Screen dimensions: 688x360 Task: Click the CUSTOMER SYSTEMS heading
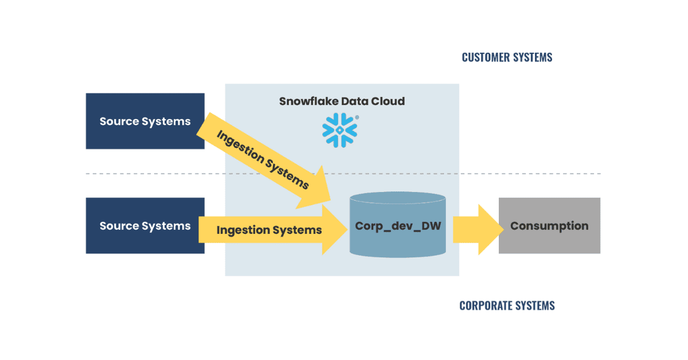coord(507,57)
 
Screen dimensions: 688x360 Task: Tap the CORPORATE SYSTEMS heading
coord(507,306)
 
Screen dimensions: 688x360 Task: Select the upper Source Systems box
coord(145,121)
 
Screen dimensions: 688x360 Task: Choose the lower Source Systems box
coord(145,225)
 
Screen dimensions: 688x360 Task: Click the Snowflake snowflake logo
coord(339,130)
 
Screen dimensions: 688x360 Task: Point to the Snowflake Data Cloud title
coord(342,101)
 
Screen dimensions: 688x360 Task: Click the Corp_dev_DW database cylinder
coord(398,225)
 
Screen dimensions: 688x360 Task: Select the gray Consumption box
coord(549,225)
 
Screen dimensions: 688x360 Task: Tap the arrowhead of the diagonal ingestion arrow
coord(316,190)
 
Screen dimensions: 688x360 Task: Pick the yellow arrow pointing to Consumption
coord(478,229)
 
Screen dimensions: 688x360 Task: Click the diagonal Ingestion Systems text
coord(263,160)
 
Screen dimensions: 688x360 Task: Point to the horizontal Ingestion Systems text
coord(269,230)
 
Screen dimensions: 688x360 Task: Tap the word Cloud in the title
coord(388,101)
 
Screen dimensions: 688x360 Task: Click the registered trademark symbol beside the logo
coord(357,117)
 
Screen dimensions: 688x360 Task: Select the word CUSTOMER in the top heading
coord(486,57)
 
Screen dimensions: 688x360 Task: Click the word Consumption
coord(549,226)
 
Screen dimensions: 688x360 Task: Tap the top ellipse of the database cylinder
coord(398,198)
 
